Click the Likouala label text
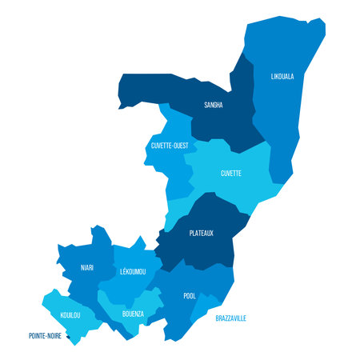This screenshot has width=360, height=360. pos(282,77)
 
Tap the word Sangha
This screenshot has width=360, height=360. pos(214,105)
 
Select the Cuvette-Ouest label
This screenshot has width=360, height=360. pos(170,146)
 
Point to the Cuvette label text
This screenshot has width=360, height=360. pos(231,173)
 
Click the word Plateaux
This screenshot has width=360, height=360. pos(202,234)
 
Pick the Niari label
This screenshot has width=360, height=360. pos(87,267)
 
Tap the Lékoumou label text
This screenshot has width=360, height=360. pos(132,272)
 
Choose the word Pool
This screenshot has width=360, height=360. pos(190,296)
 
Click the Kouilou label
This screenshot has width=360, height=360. pos(70,315)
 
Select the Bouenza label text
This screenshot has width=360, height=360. pos(133,314)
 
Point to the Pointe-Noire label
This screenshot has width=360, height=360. pos(45,336)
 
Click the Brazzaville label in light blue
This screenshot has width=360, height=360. pos(231,318)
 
